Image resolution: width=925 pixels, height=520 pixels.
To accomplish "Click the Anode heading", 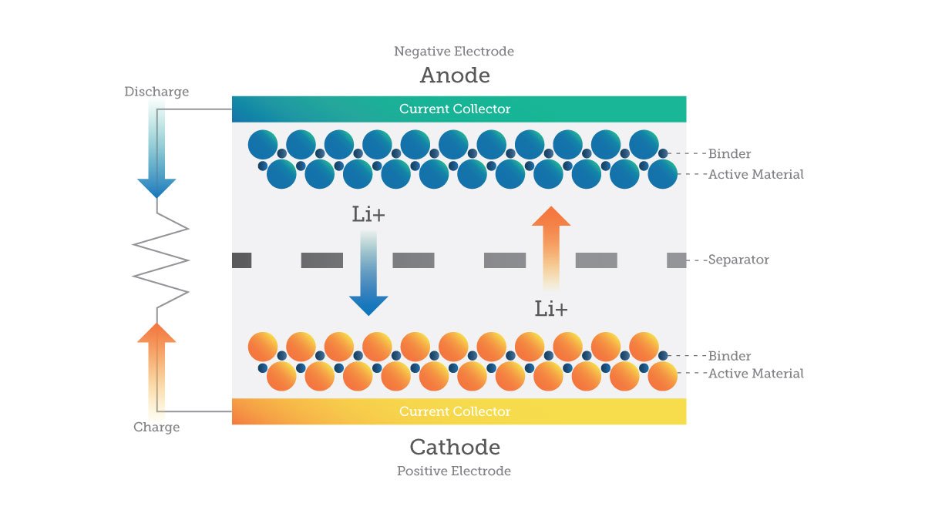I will pyautogui.click(x=455, y=75).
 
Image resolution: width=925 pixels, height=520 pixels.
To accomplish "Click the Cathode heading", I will pyautogui.click(x=455, y=447).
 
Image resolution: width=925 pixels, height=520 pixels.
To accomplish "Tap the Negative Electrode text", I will pyautogui.click(x=454, y=52).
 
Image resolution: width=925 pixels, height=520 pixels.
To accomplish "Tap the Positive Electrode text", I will pyautogui.click(x=454, y=471).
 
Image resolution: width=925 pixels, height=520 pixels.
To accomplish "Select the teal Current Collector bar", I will pyautogui.click(x=459, y=109).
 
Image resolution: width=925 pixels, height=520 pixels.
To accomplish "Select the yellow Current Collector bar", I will pyautogui.click(x=459, y=411).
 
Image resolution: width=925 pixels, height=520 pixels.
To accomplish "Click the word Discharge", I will pyautogui.click(x=156, y=92).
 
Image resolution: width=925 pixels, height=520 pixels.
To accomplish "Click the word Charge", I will pyautogui.click(x=156, y=428).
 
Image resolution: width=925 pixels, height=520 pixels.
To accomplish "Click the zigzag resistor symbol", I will pyautogui.click(x=160, y=260).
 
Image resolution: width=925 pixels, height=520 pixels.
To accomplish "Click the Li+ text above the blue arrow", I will pyautogui.click(x=368, y=215).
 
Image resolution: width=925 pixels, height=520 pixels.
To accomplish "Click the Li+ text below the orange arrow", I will pyautogui.click(x=551, y=310).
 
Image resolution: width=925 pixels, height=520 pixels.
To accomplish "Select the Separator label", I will pyautogui.click(x=738, y=260).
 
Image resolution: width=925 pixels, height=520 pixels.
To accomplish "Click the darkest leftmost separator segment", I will pyautogui.click(x=241, y=260).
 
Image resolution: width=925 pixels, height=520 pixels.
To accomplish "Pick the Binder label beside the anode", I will pyautogui.click(x=729, y=154).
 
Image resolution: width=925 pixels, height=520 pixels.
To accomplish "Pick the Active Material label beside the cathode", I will pyautogui.click(x=755, y=374).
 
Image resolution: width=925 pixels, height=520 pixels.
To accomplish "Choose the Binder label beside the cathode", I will pyautogui.click(x=729, y=356).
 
